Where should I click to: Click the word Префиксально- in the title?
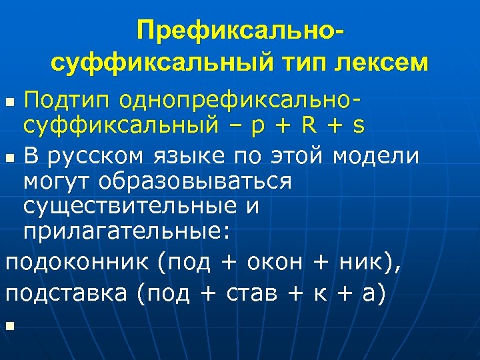[241, 31]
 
